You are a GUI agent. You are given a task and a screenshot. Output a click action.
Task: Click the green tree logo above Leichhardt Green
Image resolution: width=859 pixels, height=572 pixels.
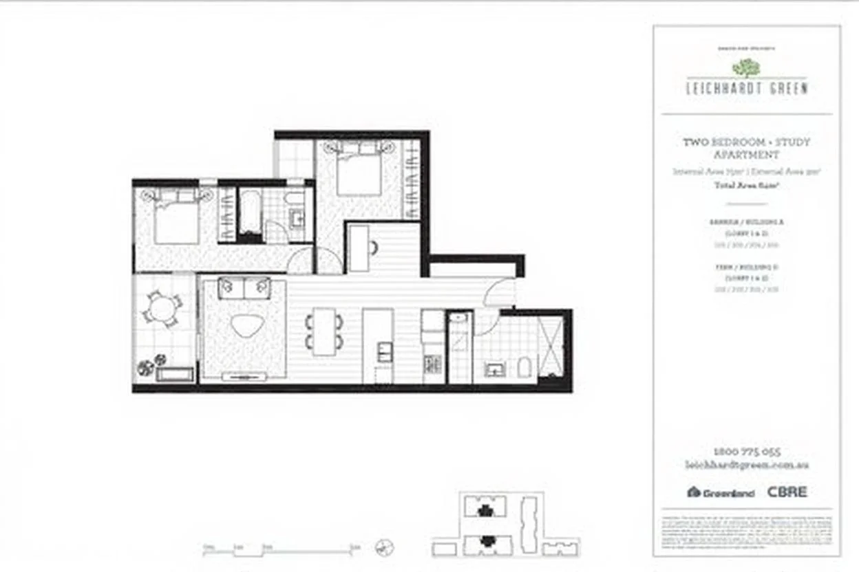coord(746,67)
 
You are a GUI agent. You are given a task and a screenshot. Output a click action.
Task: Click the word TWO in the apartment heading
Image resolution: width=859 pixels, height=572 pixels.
coord(694,142)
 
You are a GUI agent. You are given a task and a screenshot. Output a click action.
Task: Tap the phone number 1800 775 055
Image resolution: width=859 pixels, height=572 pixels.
coord(746,452)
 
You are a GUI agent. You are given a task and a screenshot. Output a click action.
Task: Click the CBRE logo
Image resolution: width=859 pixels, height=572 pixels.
coord(787,492)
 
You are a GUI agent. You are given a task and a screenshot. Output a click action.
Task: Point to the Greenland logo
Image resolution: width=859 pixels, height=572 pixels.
coord(721,492)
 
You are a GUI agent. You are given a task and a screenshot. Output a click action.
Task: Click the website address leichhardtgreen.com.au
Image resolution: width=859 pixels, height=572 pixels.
coord(746,465)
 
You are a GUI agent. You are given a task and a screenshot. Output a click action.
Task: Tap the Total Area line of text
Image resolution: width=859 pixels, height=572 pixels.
coord(746,185)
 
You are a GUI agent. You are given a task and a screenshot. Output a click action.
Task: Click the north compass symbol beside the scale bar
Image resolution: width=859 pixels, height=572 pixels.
coord(385,548)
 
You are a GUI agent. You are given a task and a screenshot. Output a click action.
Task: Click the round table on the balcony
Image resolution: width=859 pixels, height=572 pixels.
coord(162,309)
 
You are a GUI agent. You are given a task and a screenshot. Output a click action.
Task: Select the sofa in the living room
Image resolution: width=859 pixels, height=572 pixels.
coord(244,288)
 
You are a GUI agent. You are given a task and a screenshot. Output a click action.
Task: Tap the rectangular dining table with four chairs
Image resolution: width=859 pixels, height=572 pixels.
coord(324,331)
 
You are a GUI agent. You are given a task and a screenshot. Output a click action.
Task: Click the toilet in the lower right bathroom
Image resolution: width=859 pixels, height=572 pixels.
coord(524,368)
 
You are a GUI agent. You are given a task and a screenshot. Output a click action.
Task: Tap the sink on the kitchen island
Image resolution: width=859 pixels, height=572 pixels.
coord(385,351)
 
